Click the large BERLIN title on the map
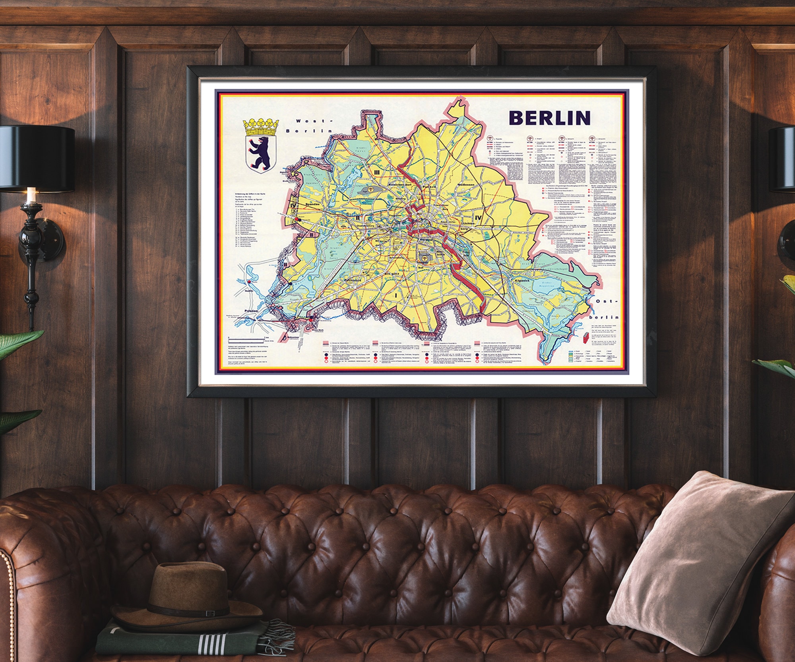(549, 118)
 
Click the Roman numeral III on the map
(377, 172)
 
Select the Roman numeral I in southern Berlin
(396, 295)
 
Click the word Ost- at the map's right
(607, 301)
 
